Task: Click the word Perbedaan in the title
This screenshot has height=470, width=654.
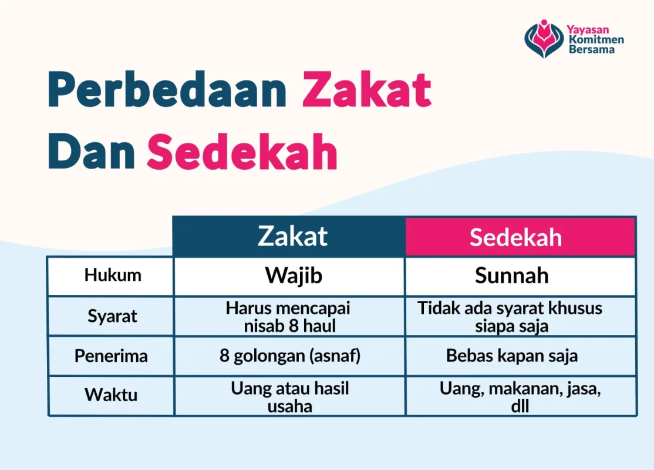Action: [167, 89]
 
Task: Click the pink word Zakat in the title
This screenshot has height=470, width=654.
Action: [367, 89]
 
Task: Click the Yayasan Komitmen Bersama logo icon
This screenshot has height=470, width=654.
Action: [544, 39]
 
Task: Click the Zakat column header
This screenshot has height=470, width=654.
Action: [292, 236]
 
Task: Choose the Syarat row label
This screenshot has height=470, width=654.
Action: [112, 316]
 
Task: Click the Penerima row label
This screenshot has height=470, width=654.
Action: [111, 356]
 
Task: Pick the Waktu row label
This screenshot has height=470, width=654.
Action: [111, 394]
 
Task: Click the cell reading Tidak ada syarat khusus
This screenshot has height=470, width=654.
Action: [510, 317]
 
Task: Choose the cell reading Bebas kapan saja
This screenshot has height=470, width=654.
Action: [511, 356]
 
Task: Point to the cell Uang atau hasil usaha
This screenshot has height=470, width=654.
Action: [290, 397]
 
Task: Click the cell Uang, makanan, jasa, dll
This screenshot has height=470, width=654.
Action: [520, 397]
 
